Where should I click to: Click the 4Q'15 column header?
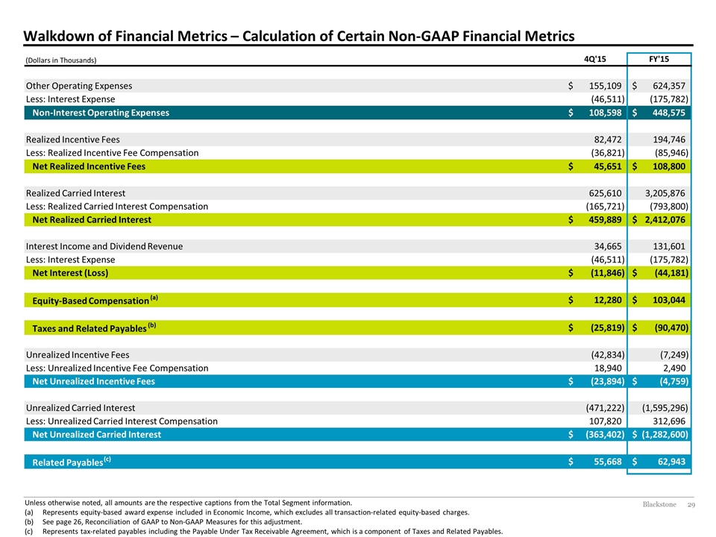[595, 60]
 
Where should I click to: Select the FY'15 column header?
[659, 60]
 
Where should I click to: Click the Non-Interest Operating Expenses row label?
[101, 113]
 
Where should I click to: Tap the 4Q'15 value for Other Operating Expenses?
[605, 86]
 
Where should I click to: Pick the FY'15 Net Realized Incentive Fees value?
[669, 166]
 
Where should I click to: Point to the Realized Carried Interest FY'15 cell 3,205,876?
[665, 193]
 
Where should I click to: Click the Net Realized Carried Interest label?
[91, 219]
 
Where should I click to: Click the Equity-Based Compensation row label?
[95, 300]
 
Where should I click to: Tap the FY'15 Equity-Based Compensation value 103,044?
[669, 300]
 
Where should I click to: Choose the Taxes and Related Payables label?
[94, 327]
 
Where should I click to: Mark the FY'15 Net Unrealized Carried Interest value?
[665, 434]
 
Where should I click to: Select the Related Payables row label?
[72, 462]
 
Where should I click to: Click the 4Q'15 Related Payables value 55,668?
[608, 462]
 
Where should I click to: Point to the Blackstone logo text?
[659, 505]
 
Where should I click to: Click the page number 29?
[691, 505]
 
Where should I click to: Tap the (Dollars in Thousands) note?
[60, 60]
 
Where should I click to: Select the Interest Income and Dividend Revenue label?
[104, 247]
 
